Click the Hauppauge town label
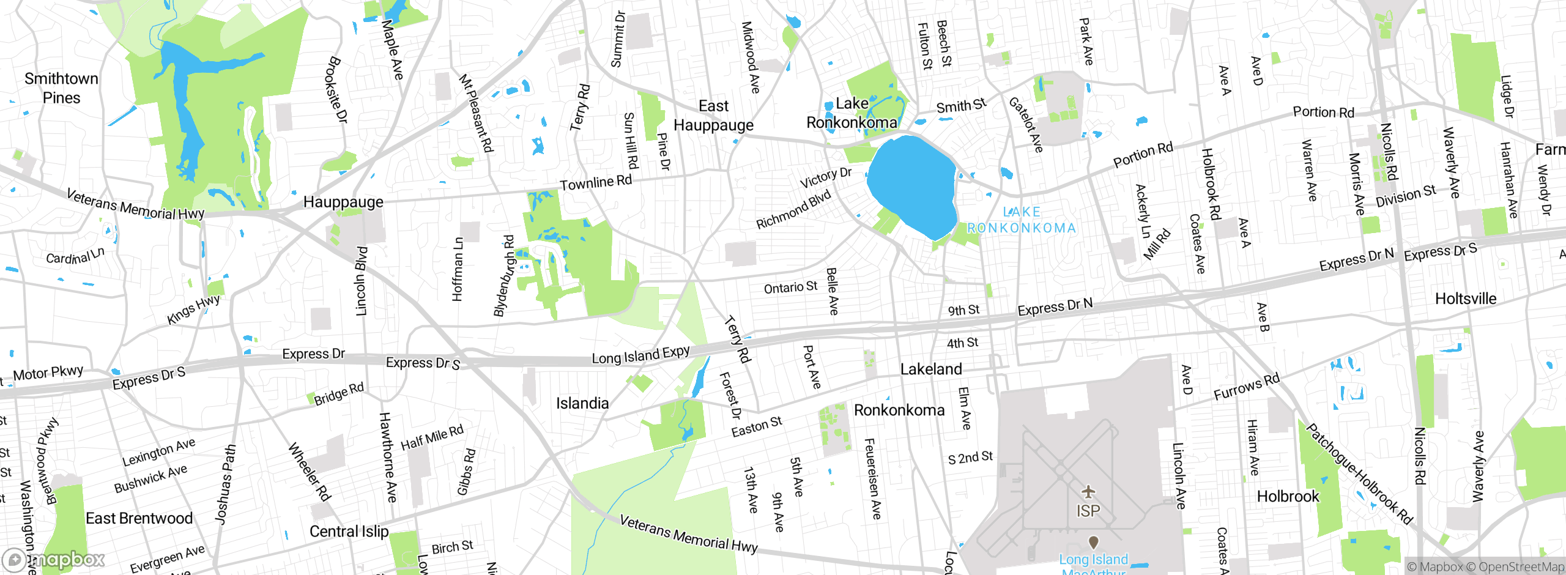click(343, 202)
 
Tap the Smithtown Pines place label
click(61, 88)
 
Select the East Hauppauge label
click(713, 116)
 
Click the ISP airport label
click(1088, 511)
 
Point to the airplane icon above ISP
click(1088, 491)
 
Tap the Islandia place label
click(582, 403)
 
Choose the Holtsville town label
click(1466, 299)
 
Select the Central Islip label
click(349, 531)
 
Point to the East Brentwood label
click(139, 518)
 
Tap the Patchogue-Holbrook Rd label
click(1359, 473)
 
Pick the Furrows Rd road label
click(1246, 387)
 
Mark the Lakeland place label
click(931, 369)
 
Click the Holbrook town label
click(1288, 496)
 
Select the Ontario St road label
click(790, 287)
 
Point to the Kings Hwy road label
click(193, 310)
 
